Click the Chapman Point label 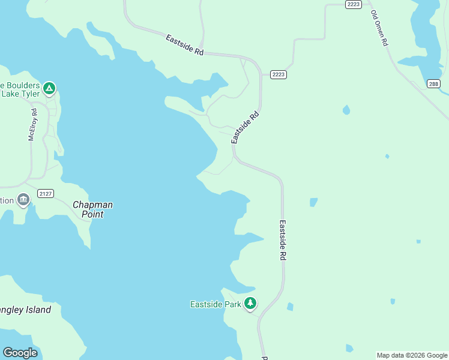click(x=92, y=209)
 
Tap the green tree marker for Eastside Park click(x=250, y=304)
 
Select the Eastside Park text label click(x=215, y=304)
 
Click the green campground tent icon click(x=50, y=89)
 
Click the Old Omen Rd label click(x=380, y=28)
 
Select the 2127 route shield click(x=45, y=193)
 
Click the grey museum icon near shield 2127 click(x=23, y=200)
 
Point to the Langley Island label click(x=25, y=310)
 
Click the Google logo click(x=20, y=353)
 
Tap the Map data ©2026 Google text click(x=412, y=355)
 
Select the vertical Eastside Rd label click(x=283, y=239)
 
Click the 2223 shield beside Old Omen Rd click(x=354, y=4)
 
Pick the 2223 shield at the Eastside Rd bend click(x=278, y=74)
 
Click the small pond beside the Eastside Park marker click(x=291, y=307)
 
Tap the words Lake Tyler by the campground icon click(x=20, y=94)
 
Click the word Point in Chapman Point click(x=92, y=214)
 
